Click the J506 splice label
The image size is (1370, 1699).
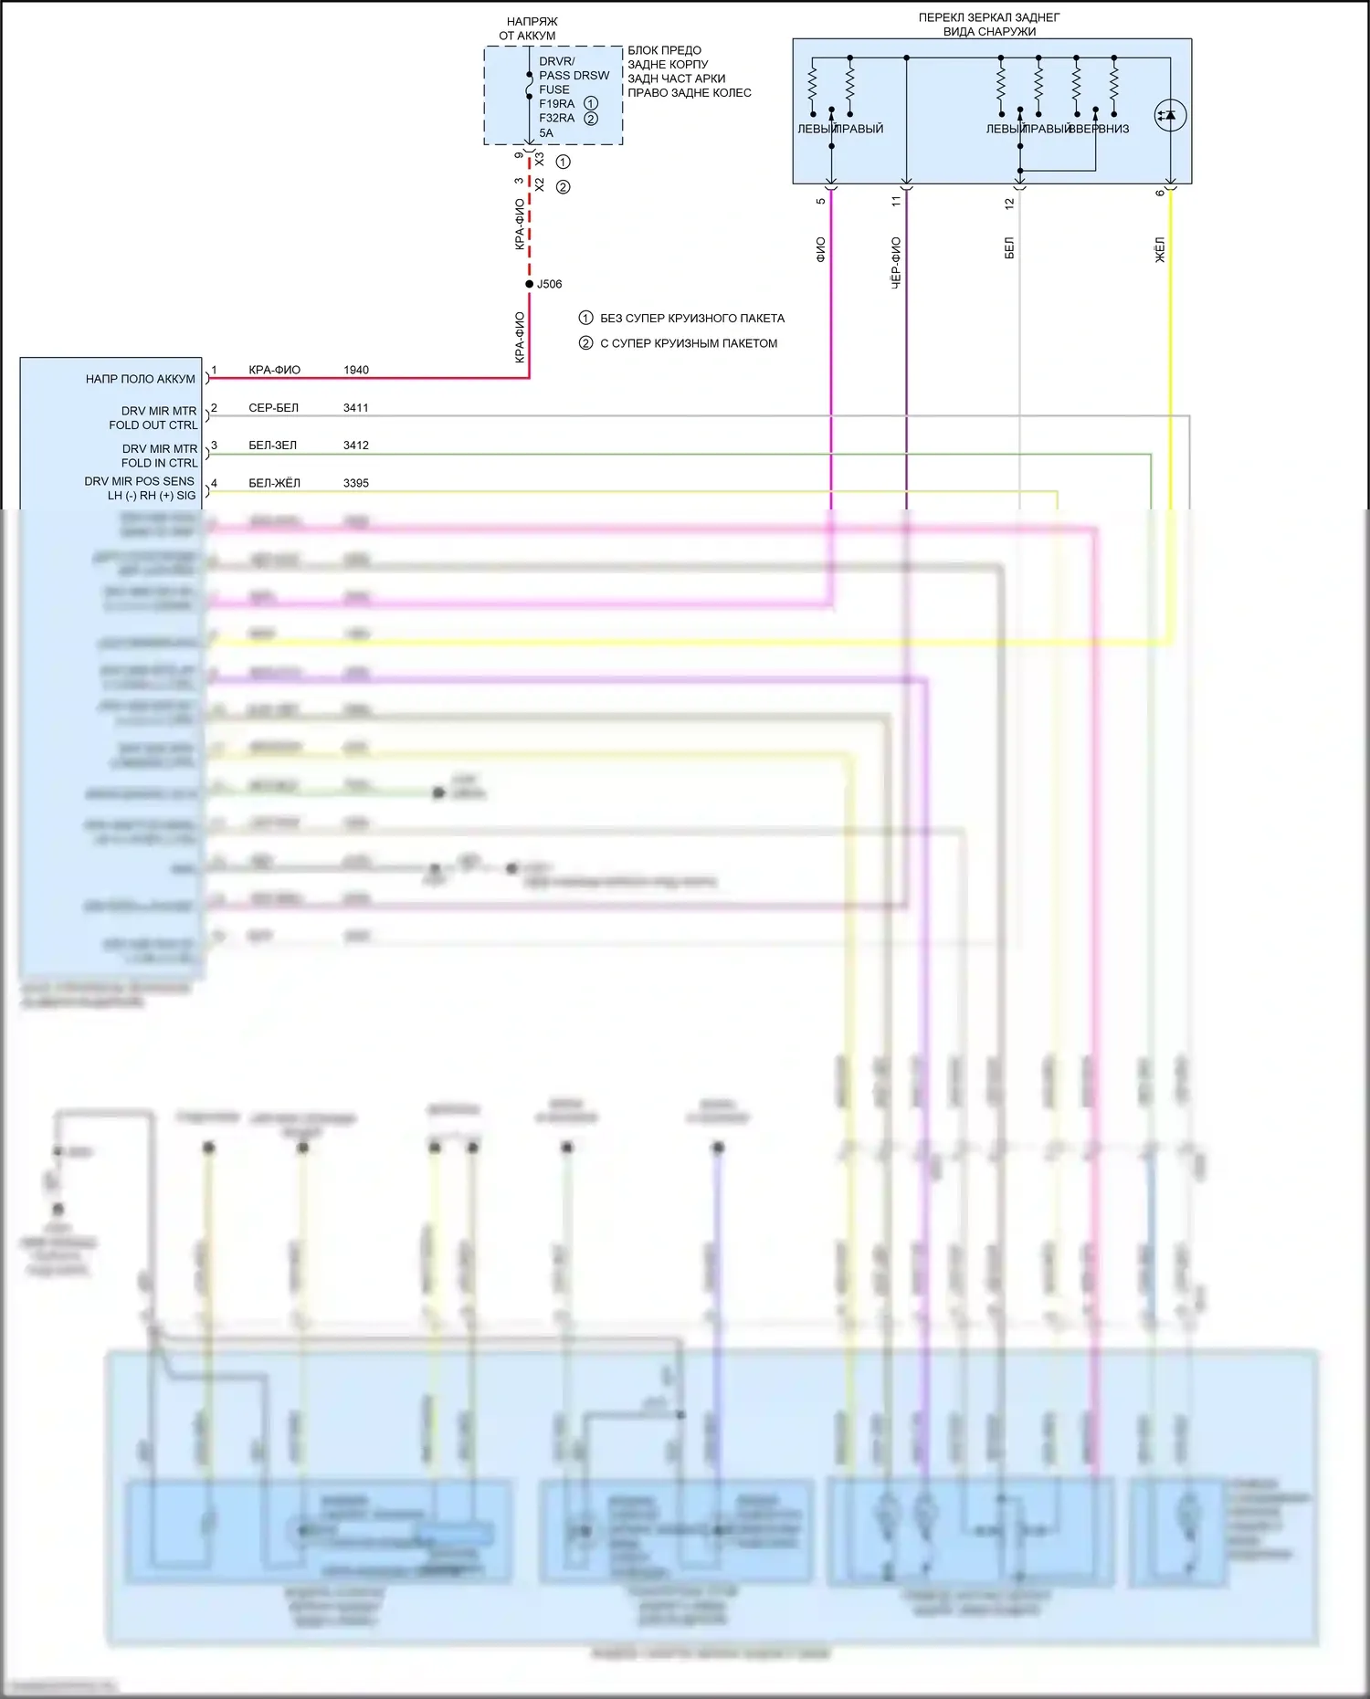[549, 284]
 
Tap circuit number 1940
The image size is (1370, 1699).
[356, 370]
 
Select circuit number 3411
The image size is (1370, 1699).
[356, 407]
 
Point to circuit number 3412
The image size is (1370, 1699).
[356, 446]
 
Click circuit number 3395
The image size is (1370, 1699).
[356, 483]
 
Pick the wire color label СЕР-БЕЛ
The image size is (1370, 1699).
[273, 407]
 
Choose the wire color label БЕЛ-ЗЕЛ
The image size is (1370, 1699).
[273, 446]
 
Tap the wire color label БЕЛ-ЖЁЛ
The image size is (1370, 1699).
[274, 483]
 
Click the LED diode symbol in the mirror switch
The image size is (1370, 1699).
[1170, 116]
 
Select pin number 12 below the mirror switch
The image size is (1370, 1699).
[1009, 204]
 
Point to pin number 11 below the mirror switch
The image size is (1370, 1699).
[896, 200]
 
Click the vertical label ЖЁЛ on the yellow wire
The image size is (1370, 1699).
[1160, 249]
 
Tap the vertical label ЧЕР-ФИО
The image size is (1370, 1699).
[896, 263]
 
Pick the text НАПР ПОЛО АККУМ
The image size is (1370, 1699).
[141, 379]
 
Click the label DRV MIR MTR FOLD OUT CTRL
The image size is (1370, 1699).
[153, 418]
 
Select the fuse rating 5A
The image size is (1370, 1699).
[546, 132]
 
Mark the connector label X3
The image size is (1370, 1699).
[539, 159]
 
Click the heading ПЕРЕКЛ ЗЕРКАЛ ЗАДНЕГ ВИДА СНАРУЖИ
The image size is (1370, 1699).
[989, 25]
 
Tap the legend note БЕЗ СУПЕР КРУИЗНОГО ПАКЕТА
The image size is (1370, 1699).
[691, 319]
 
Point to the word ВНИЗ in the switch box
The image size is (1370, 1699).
[1114, 129]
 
